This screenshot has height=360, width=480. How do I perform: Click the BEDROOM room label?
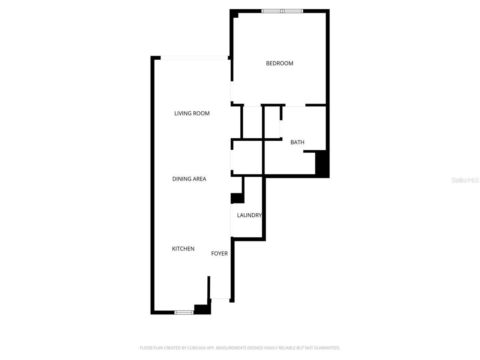pos(279,63)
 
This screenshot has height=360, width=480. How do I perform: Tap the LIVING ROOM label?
pos(192,113)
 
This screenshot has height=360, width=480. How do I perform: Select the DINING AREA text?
pos(189,179)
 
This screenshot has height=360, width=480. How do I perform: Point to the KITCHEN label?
pos(183,249)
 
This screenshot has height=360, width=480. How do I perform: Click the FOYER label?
pos(219,253)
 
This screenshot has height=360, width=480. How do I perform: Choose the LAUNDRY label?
pos(249,215)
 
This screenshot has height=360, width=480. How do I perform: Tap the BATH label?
pos(297,142)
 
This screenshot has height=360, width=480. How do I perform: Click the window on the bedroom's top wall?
pos(282,11)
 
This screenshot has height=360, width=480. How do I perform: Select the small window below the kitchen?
pos(184,312)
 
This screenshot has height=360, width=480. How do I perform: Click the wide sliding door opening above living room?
pos(194,58)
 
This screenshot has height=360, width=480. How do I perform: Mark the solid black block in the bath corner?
pos(321,163)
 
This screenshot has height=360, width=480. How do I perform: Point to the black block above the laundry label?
pos(237,198)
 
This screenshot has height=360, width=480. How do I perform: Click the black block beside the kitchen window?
pos(202,309)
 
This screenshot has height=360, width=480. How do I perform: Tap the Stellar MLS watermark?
pos(465,180)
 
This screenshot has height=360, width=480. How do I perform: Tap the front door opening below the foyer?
pos(220,299)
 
